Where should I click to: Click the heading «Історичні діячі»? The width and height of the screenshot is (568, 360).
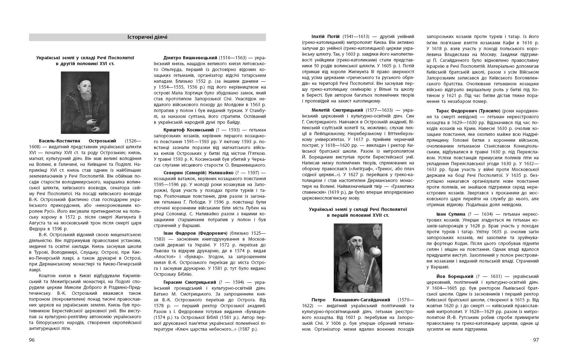147,37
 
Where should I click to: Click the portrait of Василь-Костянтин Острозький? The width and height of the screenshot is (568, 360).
85,103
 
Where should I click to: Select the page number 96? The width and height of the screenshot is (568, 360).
32,340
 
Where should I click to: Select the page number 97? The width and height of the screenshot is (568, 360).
536,340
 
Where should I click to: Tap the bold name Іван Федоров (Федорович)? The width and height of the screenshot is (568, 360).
195,233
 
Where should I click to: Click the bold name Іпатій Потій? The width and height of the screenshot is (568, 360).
326,37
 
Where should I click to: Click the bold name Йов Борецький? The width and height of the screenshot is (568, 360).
455,276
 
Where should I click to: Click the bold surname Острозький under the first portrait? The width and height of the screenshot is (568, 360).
102,141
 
